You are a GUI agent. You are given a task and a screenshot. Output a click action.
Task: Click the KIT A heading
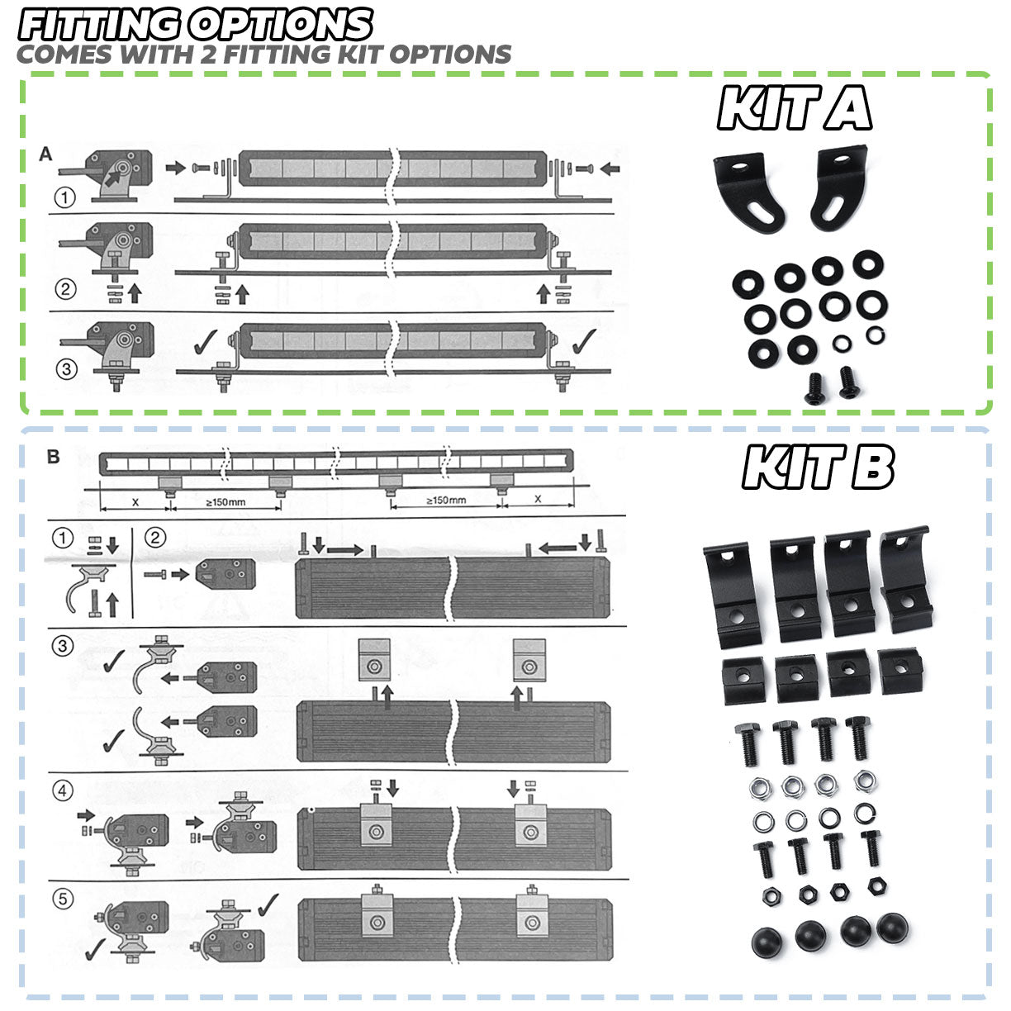coord(795,109)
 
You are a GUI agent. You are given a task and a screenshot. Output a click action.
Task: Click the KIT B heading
coord(818,468)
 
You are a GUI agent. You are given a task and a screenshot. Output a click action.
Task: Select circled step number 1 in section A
coord(65,197)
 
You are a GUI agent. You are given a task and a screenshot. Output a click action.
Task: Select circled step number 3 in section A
coord(66,368)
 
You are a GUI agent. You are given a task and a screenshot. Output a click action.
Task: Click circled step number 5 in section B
coord(64,899)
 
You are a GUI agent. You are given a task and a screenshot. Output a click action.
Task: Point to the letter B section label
coord(54,457)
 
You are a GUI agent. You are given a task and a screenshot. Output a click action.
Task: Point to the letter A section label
coord(45,154)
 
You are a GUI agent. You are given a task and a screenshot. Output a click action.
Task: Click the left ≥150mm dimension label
coord(225,501)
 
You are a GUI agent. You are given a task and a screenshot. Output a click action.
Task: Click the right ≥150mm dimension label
coord(446,500)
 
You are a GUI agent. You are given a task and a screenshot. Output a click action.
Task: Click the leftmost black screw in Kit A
coord(814,386)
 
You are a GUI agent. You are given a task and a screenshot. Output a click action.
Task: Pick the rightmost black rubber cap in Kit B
coord(893,928)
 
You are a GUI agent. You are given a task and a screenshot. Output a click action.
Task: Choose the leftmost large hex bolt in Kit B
coord(746,743)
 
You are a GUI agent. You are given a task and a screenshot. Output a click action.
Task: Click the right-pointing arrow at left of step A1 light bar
coord(175,168)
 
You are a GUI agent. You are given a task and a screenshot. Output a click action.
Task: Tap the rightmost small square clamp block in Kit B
coord(898,669)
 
